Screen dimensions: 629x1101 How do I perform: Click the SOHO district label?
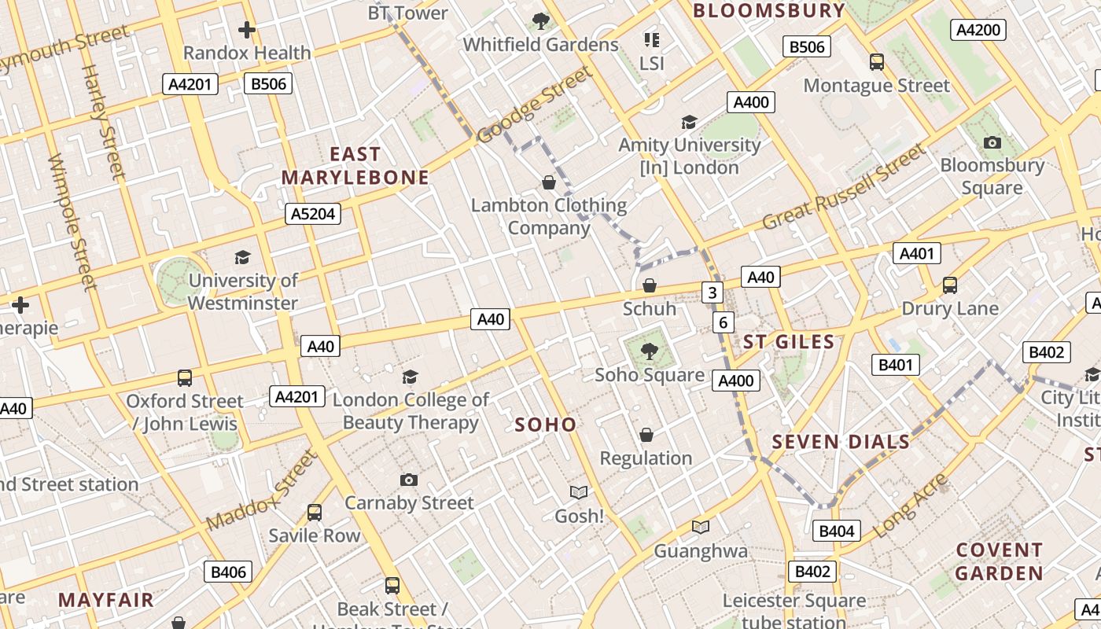[x=546, y=425]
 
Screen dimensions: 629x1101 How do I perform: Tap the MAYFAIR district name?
[x=106, y=600]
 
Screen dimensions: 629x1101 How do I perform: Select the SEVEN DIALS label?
[x=841, y=442]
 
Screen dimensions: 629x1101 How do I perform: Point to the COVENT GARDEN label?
[x=999, y=561]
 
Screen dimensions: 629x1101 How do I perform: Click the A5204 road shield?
[x=313, y=213]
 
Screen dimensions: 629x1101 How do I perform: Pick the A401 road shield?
[x=916, y=253]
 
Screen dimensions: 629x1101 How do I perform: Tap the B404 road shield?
[x=836, y=531]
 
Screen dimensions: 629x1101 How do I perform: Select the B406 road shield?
[x=228, y=572]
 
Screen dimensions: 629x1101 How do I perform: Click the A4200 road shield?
[x=979, y=30]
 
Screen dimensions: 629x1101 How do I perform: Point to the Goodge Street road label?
[x=534, y=105]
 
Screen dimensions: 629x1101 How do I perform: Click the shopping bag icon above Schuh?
[x=650, y=285]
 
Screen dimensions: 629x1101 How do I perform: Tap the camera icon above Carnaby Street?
[x=409, y=480]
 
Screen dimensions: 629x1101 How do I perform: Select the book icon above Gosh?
[x=579, y=493]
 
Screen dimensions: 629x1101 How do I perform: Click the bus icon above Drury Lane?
[x=950, y=285]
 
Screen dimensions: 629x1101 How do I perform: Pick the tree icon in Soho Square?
[x=649, y=351]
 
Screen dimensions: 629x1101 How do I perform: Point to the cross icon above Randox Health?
[x=247, y=30]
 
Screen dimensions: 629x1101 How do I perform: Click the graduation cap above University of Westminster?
[x=242, y=257]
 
